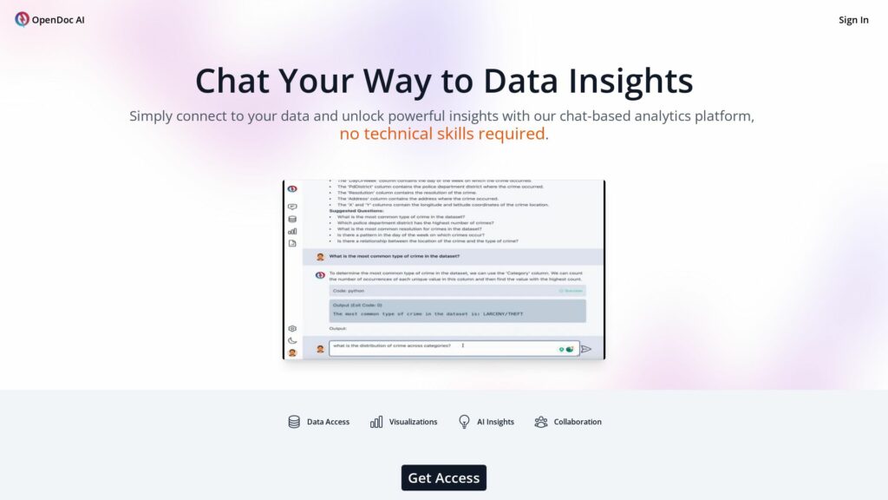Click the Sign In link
coord(853,20)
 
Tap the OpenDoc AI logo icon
coord(22,19)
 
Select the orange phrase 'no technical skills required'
coord(442,134)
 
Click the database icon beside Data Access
coord(294,422)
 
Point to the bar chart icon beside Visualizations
coord(376,422)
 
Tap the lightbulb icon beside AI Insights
coord(464,422)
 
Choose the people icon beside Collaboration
coord(541,422)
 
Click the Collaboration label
coord(578,422)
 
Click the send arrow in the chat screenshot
coord(585,349)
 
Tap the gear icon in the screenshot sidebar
coord(292,329)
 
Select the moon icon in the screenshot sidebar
coord(292,340)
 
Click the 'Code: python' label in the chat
coord(349,291)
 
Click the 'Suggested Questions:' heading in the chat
coord(356,211)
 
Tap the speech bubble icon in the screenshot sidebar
coord(292,207)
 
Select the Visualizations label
coord(413,422)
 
